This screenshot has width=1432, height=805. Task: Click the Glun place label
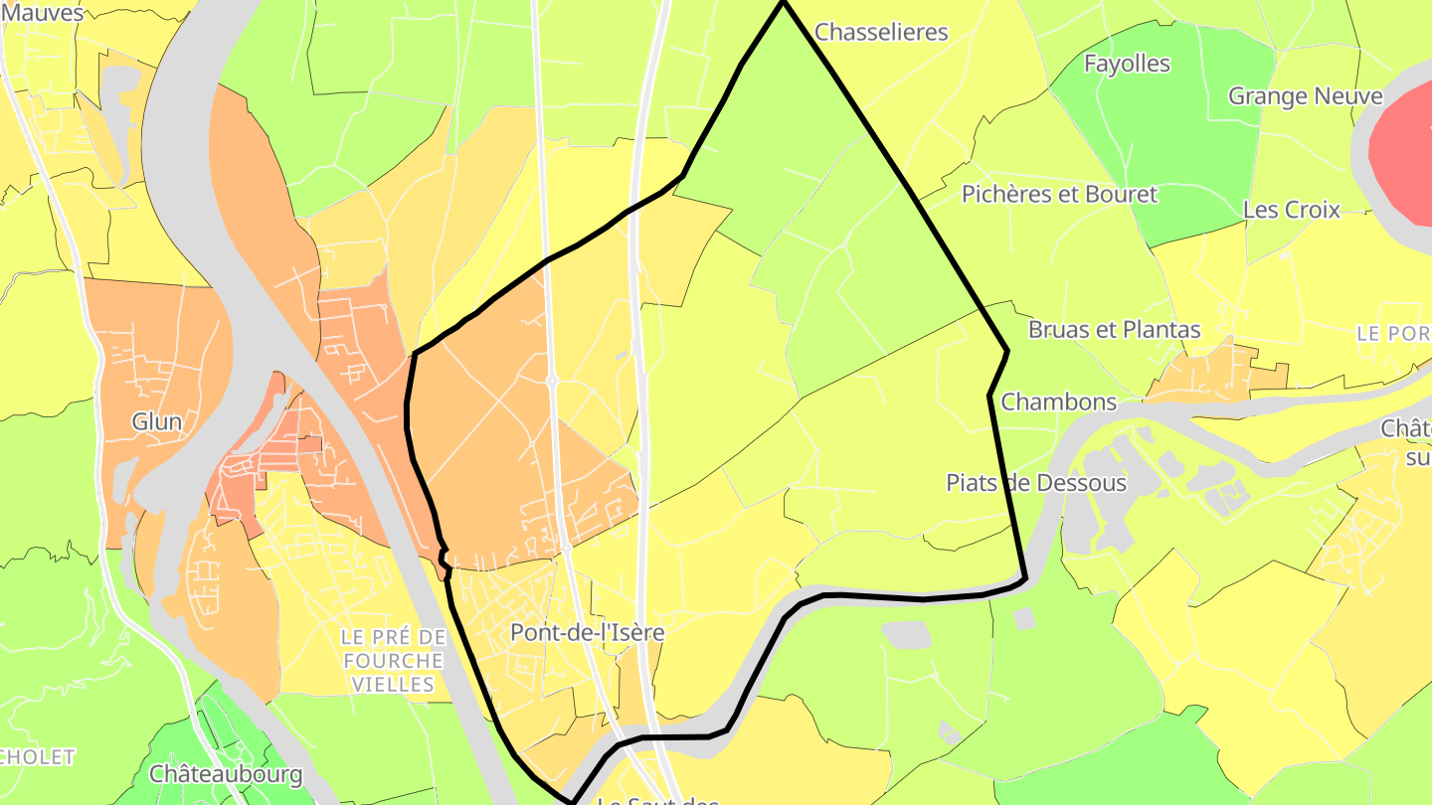point(157,422)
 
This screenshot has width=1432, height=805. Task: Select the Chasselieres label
point(881,32)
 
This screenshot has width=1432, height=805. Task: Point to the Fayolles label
point(1127,64)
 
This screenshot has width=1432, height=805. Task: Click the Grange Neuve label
point(1305,96)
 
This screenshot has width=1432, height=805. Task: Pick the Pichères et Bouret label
point(1059,194)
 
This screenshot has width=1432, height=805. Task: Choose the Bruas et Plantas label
point(1114,330)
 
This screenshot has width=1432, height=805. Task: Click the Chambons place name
point(1059,402)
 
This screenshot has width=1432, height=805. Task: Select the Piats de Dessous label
point(1035,483)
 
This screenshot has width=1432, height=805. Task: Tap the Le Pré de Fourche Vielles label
point(392,660)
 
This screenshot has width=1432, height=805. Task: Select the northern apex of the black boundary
point(783,3)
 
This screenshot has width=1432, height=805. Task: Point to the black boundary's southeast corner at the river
point(1025,577)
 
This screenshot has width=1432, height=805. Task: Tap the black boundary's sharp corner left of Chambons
point(989,396)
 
